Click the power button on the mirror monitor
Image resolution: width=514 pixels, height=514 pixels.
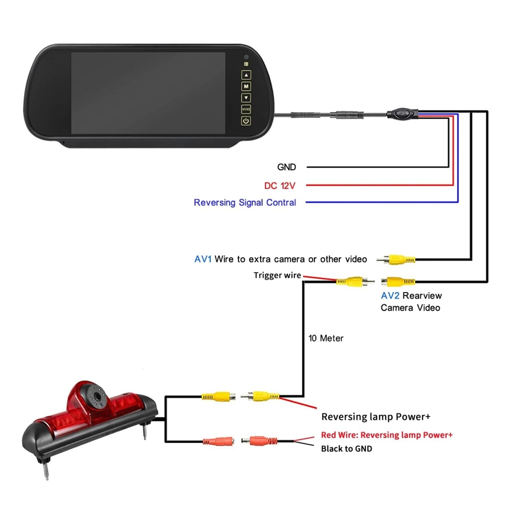[x=246, y=121]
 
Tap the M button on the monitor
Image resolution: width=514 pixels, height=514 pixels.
[x=246, y=86]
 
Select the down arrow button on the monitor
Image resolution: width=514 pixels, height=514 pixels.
[x=246, y=98]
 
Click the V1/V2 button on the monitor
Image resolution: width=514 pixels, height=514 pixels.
[x=246, y=109]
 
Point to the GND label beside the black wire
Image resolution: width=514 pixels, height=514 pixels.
[x=286, y=167]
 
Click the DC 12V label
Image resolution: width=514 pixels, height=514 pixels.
[x=280, y=186]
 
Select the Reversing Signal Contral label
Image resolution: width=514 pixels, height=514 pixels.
[x=245, y=203]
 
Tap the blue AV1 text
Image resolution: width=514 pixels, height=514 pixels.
[x=203, y=259]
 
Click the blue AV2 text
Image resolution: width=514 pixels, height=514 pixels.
[x=390, y=296]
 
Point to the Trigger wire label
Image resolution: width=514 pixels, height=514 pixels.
[x=277, y=275]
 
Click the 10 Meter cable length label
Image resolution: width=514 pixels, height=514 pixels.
[x=326, y=338]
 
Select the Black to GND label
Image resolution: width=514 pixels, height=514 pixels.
[x=347, y=449]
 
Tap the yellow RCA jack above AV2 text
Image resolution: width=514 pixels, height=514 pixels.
[x=398, y=282]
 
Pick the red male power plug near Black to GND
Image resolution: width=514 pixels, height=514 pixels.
[x=259, y=440]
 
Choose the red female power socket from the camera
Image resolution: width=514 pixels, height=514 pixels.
[x=218, y=441]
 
